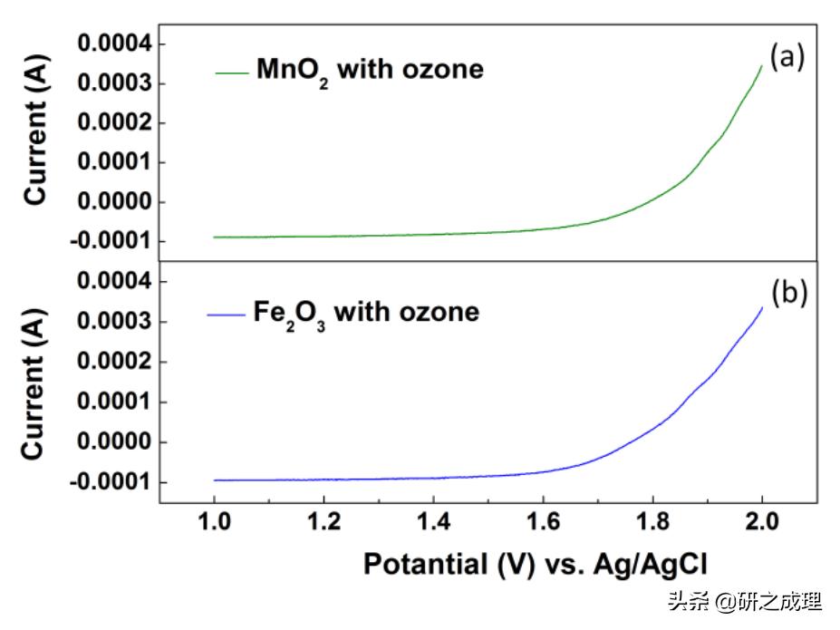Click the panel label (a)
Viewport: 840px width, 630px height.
[x=787, y=57]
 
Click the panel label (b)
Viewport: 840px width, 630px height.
[x=788, y=295]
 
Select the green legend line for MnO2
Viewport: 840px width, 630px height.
[x=231, y=71]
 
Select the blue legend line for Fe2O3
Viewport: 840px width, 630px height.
[x=226, y=313]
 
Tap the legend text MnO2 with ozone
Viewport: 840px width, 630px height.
[x=370, y=70]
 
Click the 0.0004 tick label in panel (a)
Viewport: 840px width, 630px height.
[x=114, y=44]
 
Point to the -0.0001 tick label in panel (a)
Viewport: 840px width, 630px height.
[x=111, y=241]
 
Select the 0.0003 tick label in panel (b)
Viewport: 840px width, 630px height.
[x=114, y=323]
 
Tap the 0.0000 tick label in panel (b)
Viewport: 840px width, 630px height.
[x=114, y=442]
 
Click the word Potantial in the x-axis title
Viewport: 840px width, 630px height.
[x=424, y=564]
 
